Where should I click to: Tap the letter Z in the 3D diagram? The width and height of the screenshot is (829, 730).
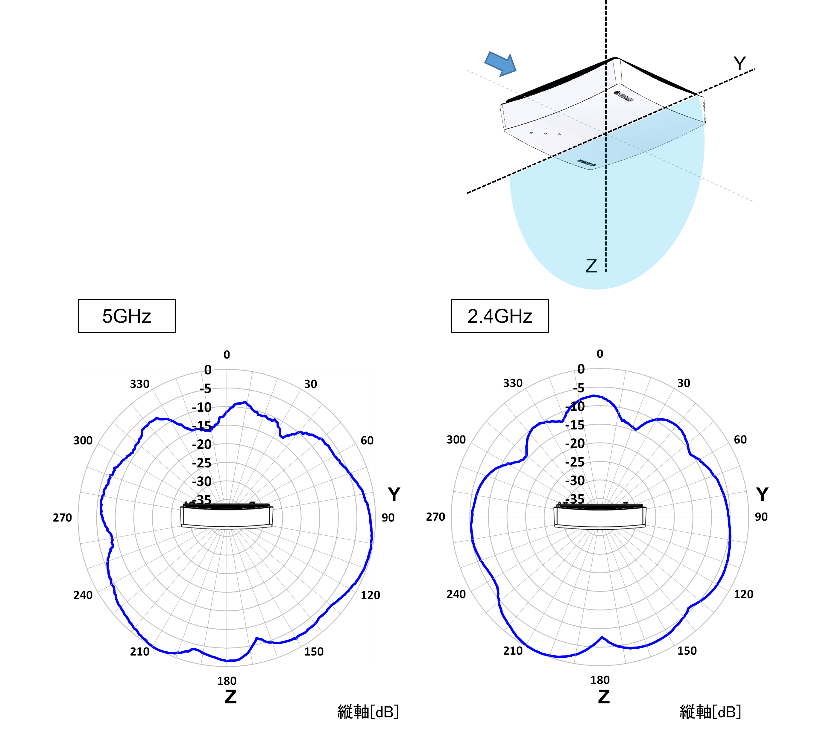click(591, 266)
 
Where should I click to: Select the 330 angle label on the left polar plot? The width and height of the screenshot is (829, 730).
click(139, 384)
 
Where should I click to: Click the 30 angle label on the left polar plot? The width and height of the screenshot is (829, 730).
click(310, 384)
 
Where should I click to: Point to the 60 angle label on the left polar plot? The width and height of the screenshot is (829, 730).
click(367, 441)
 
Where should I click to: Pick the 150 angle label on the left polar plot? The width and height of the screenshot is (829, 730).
click(314, 652)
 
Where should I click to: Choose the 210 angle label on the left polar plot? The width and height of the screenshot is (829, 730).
click(139, 652)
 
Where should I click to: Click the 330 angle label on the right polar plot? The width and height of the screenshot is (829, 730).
click(513, 383)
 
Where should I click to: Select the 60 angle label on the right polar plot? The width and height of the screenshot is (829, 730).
click(740, 440)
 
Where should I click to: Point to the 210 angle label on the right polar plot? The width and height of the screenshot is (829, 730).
click(513, 651)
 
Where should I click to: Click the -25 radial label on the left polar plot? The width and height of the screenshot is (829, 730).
click(202, 463)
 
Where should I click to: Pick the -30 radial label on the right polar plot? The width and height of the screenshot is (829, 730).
click(575, 481)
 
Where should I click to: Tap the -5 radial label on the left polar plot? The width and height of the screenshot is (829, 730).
click(205, 389)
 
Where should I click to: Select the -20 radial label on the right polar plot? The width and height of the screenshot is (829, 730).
click(575, 444)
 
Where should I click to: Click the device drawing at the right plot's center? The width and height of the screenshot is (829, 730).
click(600, 516)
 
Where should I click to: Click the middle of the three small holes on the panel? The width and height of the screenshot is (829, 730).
click(545, 133)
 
